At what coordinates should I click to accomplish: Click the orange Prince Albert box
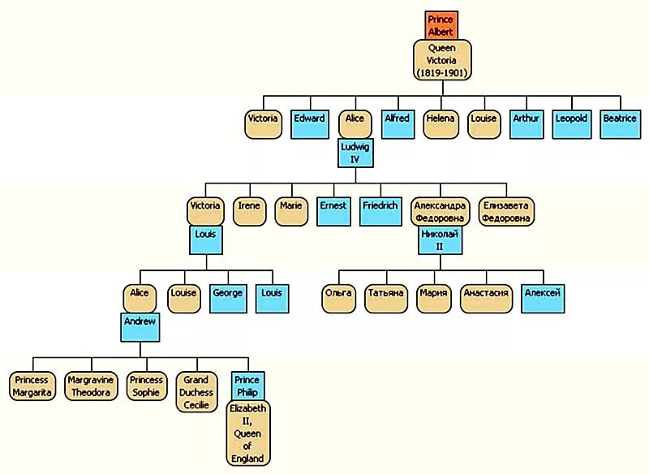pyautogui.click(x=441, y=25)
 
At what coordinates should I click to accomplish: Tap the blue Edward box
pyautogui.click(x=309, y=123)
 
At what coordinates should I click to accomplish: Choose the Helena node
pyautogui.click(x=441, y=123)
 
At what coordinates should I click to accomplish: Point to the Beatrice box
pyautogui.click(x=620, y=123)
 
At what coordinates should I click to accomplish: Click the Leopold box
pyautogui.click(x=571, y=123)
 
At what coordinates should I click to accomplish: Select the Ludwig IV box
pyautogui.click(x=355, y=152)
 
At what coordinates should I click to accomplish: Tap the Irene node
pyautogui.click(x=249, y=211)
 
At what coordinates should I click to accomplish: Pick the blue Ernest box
pyautogui.click(x=333, y=211)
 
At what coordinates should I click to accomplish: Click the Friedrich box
pyautogui.click(x=380, y=211)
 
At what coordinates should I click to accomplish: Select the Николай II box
pyautogui.click(x=440, y=240)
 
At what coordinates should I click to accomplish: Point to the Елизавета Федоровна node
pyautogui.click(x=507, y=211)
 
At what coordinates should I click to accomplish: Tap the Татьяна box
pyautogui.click(x=385, y=298)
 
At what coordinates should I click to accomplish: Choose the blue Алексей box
pyautogui.click(x=543, y=298)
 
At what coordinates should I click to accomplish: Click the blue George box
pyautogui.click(x=227, y=298)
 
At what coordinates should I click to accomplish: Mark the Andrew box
pyautogui.click(x=139, y=326)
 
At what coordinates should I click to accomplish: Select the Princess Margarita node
pyautogui.click(x=32, y=386)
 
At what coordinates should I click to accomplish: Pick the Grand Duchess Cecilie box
pyautogui.click(x=196, y=391)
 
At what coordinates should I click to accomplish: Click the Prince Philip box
pyautogui.click(x=247, y=386)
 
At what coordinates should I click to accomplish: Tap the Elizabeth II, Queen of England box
pyautogui.click(x=247, y=434)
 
